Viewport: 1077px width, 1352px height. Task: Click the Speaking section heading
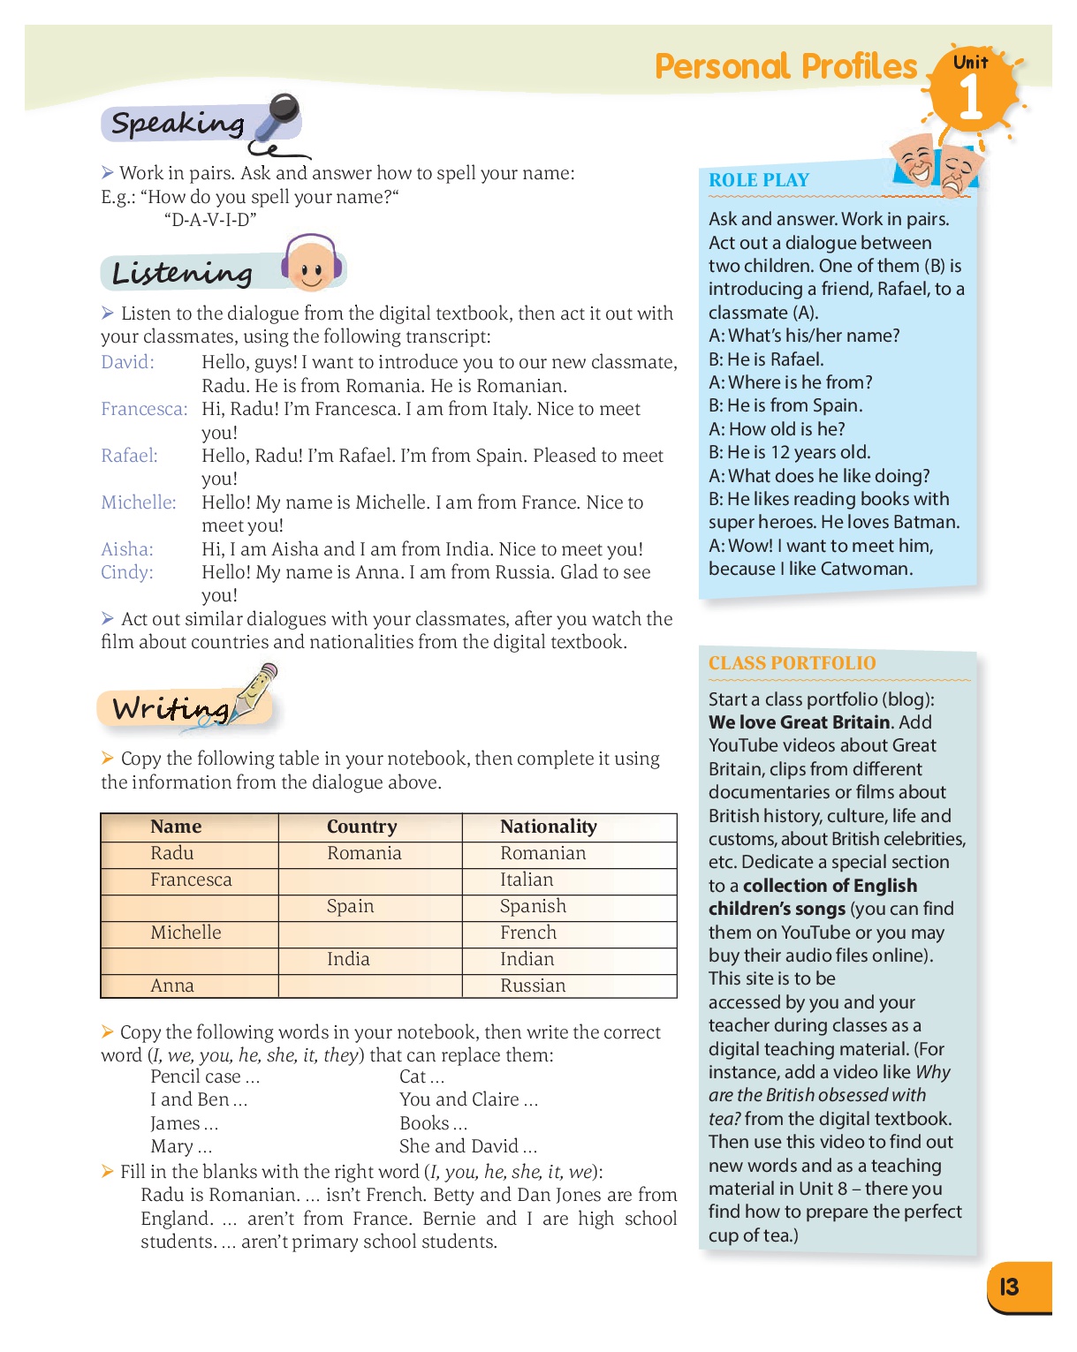pyautogui.click(x=178, y=124)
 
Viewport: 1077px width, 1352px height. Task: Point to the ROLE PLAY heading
pyautogui.click(x=759, y=180)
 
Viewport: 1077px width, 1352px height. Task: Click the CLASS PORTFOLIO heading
pyautogui.click(x=792, y=663)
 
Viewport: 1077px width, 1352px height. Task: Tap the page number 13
pyautogui.click(x=1009, y=1287)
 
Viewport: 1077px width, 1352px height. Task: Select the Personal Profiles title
pyautogui.click(x=785, y=67)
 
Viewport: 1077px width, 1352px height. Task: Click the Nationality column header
pyautogui.click(x=548, y=827)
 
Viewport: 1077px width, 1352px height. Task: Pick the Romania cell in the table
pyautogui.click(x=364, y=853)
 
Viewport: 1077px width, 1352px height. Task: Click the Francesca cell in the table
pyautogui.click(x=191, y=880)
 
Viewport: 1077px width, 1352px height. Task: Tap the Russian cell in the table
pyautogui.click(x=533, y=986)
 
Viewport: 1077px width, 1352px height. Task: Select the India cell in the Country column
pyautogui.click(x=348, y=959)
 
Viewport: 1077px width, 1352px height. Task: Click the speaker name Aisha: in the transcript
pyautogui.click(x=127, y=549)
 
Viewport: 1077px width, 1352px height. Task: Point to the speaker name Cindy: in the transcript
pyautogui.click(x=127, y=572)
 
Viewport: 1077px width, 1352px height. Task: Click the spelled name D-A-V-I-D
pyautogui.click(x=210, y=220)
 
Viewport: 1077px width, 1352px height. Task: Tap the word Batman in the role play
pyautogui.click(x=924, y=522)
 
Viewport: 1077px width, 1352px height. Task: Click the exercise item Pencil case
pyautogui.click(x=195, y=1076)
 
